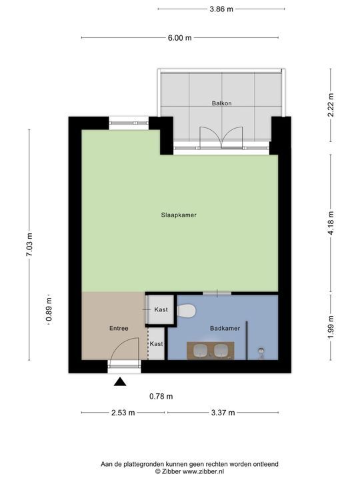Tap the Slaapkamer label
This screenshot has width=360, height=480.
[x=179, y=215]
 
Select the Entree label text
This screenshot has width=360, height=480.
[x=118, y=329]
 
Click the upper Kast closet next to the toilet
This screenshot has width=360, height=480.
[x=161, y=310]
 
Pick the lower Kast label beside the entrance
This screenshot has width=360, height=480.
[x=156, y=344]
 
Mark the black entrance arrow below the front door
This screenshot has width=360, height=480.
[x=120, y=382]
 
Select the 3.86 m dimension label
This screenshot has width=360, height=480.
[x=221, y=9]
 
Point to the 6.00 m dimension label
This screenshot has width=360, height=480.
[x=179, y=38]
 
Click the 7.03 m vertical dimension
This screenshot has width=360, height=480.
[x=29, y=244]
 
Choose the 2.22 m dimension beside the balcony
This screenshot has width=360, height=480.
[x=331, y=105]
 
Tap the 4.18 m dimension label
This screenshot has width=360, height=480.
[x=331, y=222]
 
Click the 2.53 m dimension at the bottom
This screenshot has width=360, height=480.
[x=123, y=413]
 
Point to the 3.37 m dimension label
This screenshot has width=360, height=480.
[x=223, y=413]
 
